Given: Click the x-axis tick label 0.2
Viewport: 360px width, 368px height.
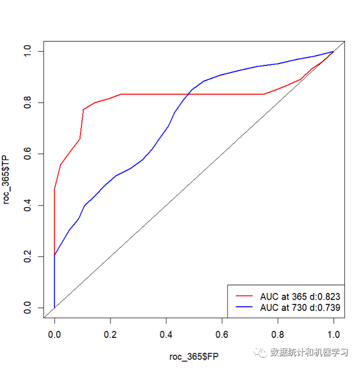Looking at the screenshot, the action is coord(110,334).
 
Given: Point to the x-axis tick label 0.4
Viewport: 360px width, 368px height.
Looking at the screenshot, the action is coord(166,334).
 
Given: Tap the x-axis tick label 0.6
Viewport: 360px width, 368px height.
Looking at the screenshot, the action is coord(222,334).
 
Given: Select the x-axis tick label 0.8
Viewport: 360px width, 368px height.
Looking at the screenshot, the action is coord(278,334).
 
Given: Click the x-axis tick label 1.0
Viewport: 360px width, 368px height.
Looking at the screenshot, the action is coord(334,334).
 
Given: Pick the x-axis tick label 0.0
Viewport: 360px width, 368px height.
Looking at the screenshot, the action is coord(55,334).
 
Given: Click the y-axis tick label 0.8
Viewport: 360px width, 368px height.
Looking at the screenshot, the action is coord(28,103).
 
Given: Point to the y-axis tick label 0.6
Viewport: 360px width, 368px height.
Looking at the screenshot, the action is coord(28,154).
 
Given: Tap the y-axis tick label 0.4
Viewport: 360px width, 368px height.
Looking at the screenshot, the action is coord(28,205).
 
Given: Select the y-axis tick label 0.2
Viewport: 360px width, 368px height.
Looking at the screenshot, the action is coord(28,256).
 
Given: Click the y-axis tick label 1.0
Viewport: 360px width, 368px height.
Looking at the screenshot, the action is coord(28,51).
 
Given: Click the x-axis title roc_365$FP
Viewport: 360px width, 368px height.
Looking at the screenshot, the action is coord(194,357).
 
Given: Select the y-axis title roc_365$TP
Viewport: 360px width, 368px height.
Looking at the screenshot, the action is coord(6,179).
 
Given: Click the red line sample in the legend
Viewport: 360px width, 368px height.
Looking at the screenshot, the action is coord(244,296).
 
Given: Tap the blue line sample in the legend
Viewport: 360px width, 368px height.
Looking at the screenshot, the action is coord(244,307).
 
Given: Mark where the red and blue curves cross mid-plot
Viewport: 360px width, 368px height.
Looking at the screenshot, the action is coord(188,94).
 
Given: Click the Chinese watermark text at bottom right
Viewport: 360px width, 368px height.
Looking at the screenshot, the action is coord(309,352).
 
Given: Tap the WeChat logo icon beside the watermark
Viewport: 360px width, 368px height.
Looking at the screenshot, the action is coord(260,352).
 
